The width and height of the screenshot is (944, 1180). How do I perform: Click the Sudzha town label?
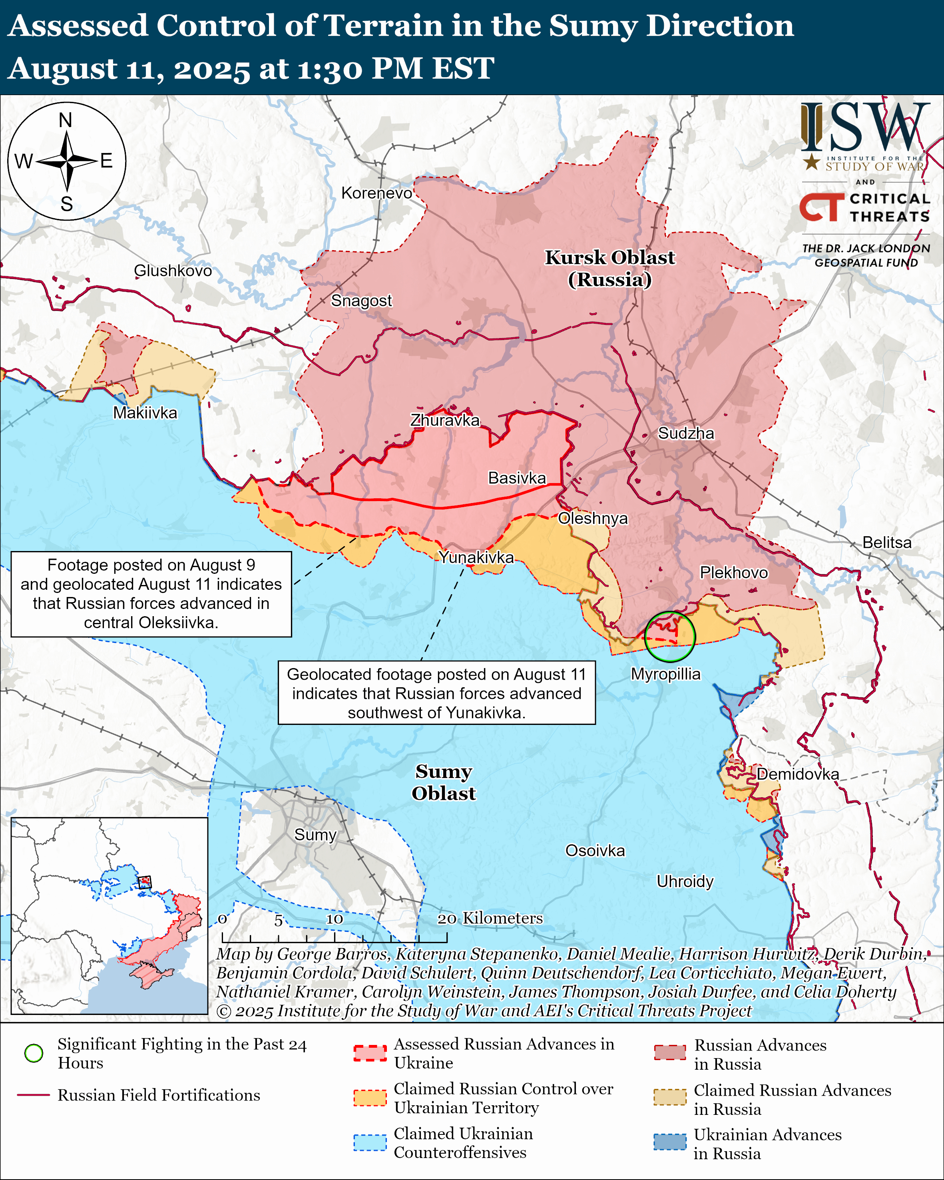click(x=686, y=434)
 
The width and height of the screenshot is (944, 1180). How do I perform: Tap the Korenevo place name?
click(x=376, y=193)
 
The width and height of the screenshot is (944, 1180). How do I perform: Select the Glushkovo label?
click(x=173, y=271)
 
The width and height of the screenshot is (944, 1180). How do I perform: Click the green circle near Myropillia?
click(x=670, y=637)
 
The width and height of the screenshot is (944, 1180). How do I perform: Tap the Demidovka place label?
click(x=797, y=774)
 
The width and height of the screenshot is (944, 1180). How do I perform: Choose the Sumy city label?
click(x=315, y=835)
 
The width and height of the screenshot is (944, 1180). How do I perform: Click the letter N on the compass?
click(x=66, y=120)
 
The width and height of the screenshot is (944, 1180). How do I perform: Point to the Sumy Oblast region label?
click(x=444, y=782)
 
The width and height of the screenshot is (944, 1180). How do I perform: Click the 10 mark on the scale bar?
click(x=335, y=919)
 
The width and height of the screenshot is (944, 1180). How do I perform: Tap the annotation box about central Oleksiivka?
click(x=151, y=594)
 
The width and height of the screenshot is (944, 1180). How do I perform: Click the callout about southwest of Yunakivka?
click(x=437, y=693)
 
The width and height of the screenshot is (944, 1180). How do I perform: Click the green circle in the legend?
click(x=34, y=1053)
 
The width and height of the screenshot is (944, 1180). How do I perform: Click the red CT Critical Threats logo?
click(x=821, y=207)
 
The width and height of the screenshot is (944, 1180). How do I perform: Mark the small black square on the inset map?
click(x=144, y=882)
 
